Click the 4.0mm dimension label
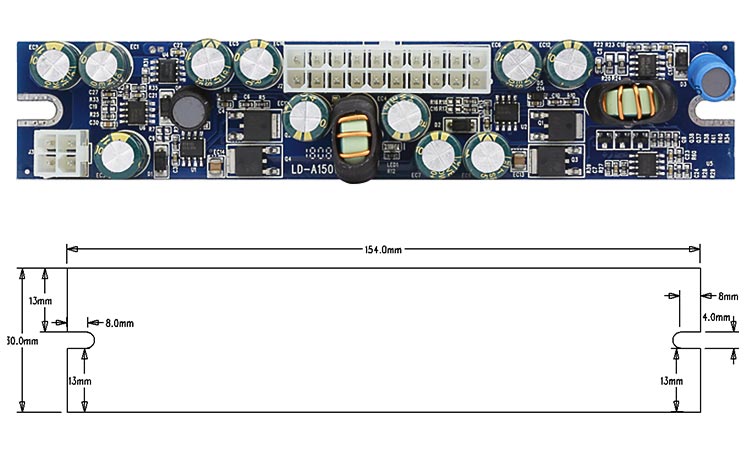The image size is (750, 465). [x=716, y=317]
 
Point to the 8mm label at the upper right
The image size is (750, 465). [x=727, y=296]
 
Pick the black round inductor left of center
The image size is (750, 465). [x=187, y=108]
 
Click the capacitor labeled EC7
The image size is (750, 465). [x=437, y=155]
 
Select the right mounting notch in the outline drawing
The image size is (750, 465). [x=685, y=339]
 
